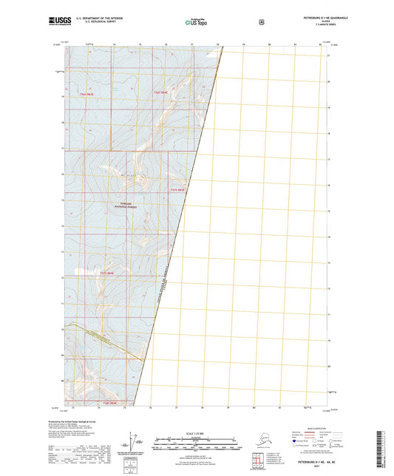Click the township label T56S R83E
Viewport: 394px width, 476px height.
(x=86, y=94)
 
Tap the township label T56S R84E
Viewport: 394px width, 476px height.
(x=160, y=92)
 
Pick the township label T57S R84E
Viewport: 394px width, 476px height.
(x=109, y=273)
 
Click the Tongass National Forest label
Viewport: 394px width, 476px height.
(x=124, y=205)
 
